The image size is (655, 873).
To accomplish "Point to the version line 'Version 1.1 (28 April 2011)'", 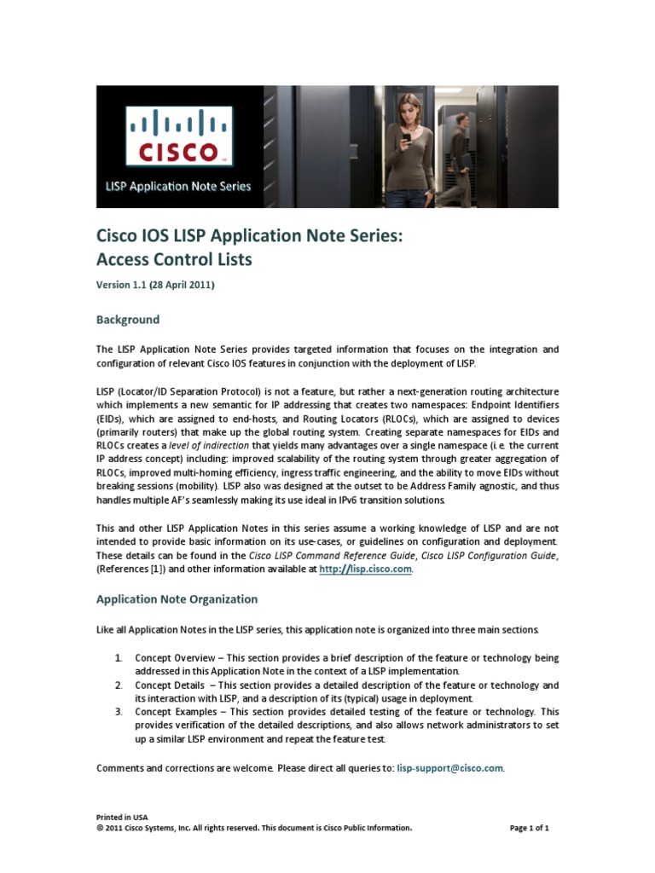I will click(x=154, y=286).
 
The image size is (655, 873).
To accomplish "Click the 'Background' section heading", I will click(x=127, y=320).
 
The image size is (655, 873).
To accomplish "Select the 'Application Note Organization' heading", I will click(x=177, y=599).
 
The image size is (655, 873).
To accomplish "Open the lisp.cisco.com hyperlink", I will click(x=366, y=569).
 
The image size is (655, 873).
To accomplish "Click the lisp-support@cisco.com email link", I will click(x=450, y=768).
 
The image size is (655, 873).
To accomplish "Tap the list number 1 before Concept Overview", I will click(x=119, y=659).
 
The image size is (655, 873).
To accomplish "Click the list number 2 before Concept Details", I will click(x=119, y=685).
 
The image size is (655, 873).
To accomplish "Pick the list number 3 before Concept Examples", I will click(x=119, y=711).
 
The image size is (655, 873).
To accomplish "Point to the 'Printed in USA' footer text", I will click(x=122, y=817).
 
